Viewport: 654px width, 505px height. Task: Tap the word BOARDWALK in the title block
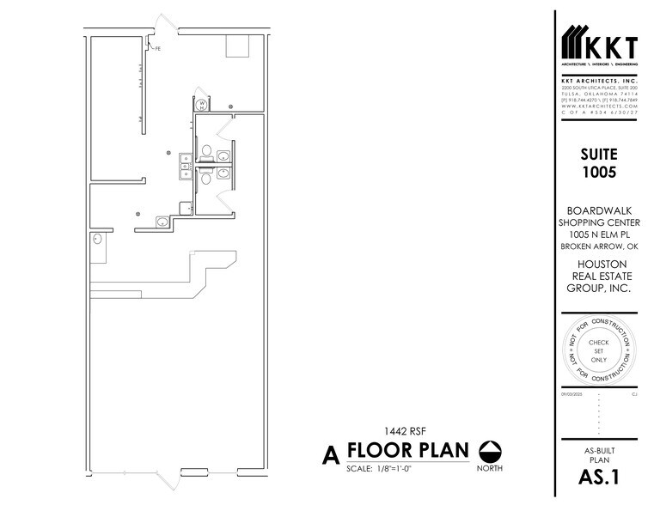[x=598, y=210]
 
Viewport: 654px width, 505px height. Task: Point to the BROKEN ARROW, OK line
[x=598, y=246]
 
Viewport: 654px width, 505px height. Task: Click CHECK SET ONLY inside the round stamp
[x=598, y=350]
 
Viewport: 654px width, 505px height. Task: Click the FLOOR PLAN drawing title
[x=406, y=451]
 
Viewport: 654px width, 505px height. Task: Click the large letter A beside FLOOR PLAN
[x=327, y=454]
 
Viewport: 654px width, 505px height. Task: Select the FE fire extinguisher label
[x=158, y=49]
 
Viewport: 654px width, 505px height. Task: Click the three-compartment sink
[x=184, y=165]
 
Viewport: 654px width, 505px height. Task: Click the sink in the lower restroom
[x=224, y=171]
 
